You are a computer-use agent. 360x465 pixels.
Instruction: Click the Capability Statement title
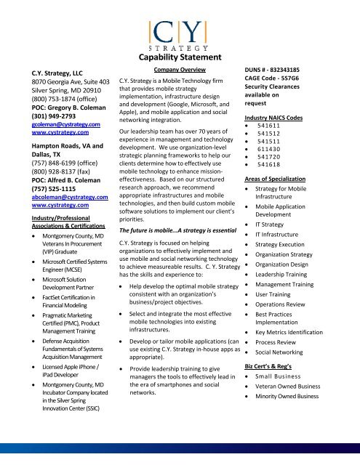tap(181, 58)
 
